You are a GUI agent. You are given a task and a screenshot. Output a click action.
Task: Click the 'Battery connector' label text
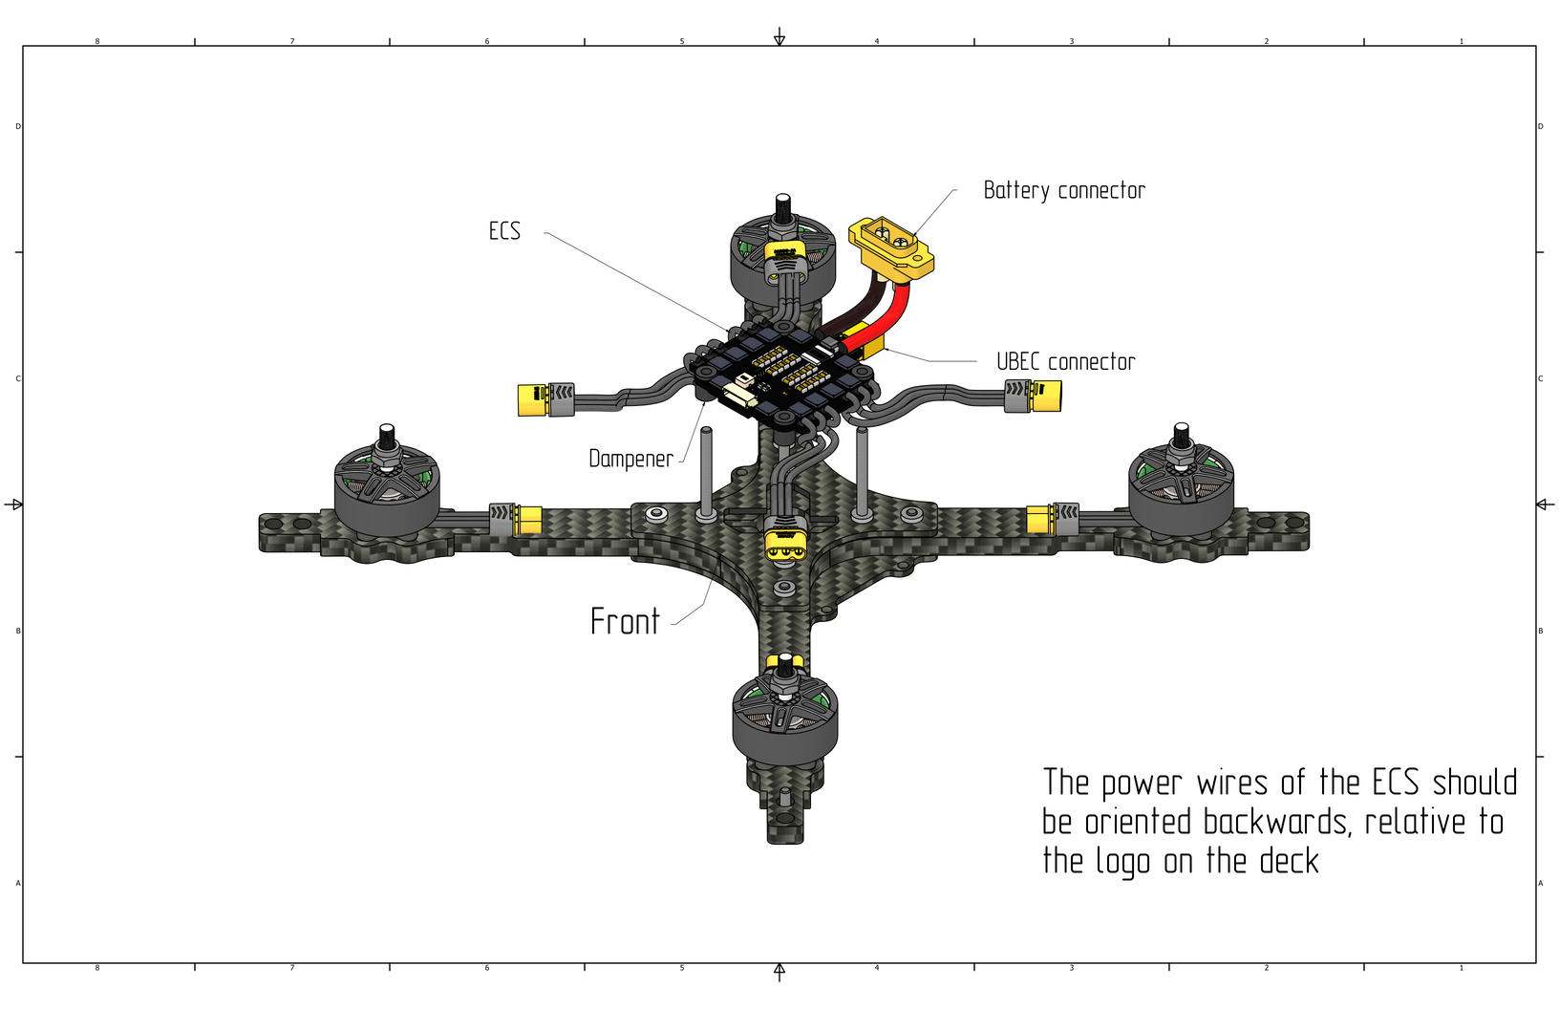(1064, 191)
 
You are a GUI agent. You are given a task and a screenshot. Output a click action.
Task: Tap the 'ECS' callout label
(504, 231)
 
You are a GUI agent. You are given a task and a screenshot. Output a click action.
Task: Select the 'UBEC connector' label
(1065, 362)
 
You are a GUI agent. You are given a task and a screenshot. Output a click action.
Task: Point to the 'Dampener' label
(630, 460)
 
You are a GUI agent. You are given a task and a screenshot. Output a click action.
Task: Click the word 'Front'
(625, 622)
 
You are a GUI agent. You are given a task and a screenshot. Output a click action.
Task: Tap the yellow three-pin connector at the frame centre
(784, 548)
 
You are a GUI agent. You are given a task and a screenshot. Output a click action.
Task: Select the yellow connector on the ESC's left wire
(532, 399)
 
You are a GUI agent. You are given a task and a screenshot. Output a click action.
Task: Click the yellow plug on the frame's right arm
(1041, 521)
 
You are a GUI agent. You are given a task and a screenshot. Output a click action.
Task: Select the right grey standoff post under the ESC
(862, 472)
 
